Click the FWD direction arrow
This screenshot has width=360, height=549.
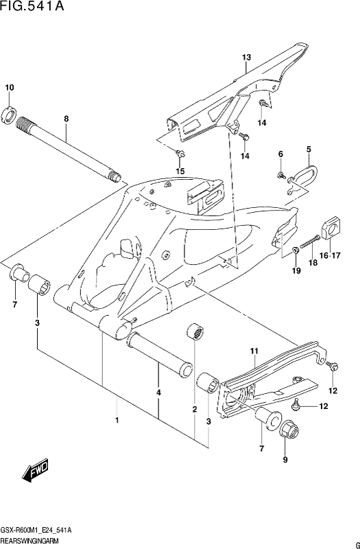(x=35, y=470)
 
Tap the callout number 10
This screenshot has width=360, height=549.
(x=10, y=88)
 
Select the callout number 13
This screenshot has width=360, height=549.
(x=246, y=58)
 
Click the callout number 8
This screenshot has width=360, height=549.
(x=66, y=119)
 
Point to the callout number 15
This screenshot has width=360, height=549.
(x=180, y=171)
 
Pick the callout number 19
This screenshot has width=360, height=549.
(x=296, y=270)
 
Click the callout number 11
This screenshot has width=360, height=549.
(x=254, y=351)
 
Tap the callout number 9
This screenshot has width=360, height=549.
(x=285, y=460)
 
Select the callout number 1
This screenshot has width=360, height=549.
(x=117, y=420)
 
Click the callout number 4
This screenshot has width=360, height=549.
(x=158, y=393)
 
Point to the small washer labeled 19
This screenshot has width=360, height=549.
(x=296, y=250)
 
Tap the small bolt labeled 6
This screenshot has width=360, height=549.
(x=281, y=175)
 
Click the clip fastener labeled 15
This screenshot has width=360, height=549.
(x=180, y=153)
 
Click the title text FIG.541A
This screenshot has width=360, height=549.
(x=33, y=6)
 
